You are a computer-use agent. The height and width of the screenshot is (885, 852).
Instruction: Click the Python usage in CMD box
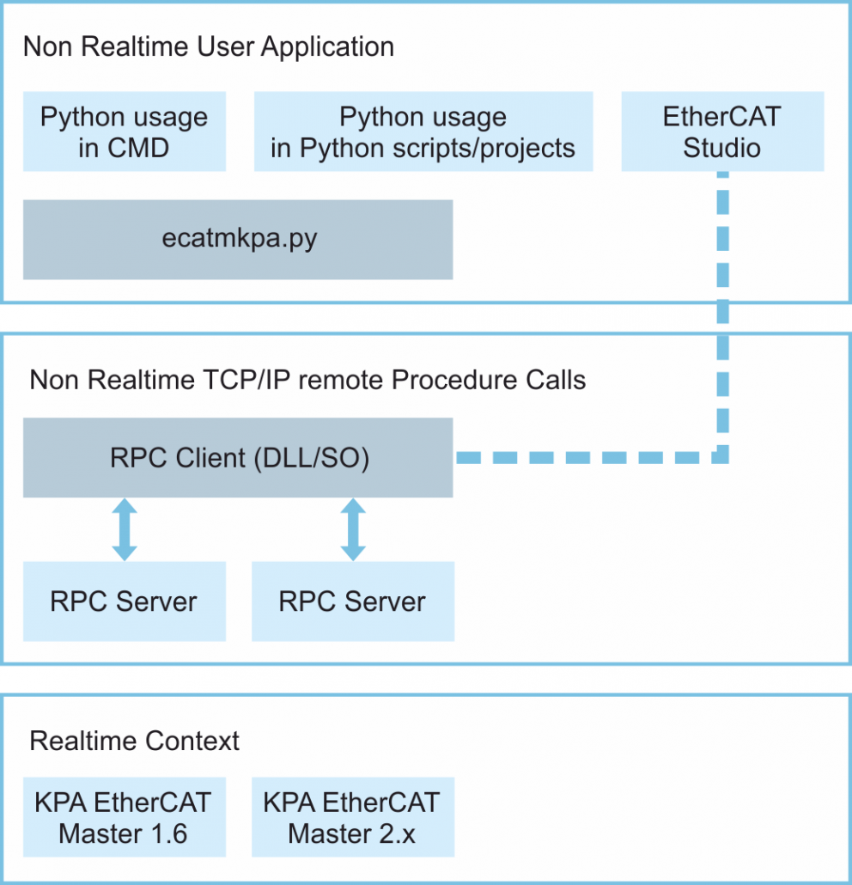click(x=125, y=131)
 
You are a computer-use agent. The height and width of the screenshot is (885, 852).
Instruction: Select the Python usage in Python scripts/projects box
click(x=423, y=131)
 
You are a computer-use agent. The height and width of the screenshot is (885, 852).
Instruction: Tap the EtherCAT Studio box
click(x=722, y=131)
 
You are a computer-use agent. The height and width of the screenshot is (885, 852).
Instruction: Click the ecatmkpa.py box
click(x=238, y=239)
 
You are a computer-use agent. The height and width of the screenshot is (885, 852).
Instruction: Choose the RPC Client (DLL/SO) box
click(x=238, y=457)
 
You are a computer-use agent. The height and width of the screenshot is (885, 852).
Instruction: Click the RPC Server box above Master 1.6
click(x=125, y=601)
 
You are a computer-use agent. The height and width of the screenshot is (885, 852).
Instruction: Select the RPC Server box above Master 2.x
click(x=352, y=601)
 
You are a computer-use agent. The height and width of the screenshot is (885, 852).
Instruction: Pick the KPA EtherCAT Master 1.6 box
click(x=125, y=817)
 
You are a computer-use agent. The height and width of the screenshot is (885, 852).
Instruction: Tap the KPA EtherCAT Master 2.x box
click(x=352, y=817)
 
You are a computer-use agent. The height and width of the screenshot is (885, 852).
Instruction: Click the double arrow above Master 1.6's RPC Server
click(x=125, y=529)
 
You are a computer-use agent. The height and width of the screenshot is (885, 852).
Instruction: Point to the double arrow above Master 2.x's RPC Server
click(x=352, y=529)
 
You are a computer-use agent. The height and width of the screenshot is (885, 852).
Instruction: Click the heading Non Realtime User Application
click(x=209, y=46)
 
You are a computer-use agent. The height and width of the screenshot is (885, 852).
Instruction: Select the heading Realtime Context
click(x=135, y=741)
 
